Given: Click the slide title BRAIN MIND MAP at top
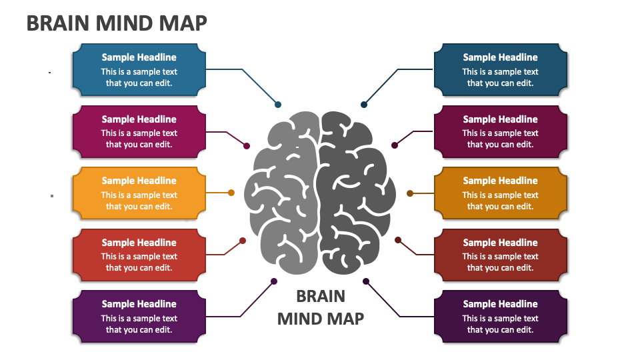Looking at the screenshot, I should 117,23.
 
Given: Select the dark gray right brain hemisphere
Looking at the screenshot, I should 353,193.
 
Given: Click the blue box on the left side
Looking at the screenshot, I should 139,70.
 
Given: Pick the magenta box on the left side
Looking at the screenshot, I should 139,132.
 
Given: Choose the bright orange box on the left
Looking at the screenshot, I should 139,193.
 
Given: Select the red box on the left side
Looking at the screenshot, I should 139,255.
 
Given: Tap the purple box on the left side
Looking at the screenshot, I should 139,317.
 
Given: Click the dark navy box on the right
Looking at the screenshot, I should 500,70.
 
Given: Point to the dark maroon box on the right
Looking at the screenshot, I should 500,132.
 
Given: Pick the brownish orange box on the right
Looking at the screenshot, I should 500,193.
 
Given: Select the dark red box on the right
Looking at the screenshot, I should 500,255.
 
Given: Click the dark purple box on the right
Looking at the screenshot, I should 500,317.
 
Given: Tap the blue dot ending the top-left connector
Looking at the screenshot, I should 278,105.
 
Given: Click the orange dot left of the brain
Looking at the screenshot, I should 231,193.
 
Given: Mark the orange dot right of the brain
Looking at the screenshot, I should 410,193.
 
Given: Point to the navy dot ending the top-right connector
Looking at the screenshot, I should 364,105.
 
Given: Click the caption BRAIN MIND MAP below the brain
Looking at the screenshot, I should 321,307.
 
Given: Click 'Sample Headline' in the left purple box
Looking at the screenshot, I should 139,304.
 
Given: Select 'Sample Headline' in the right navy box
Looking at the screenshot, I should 500,57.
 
